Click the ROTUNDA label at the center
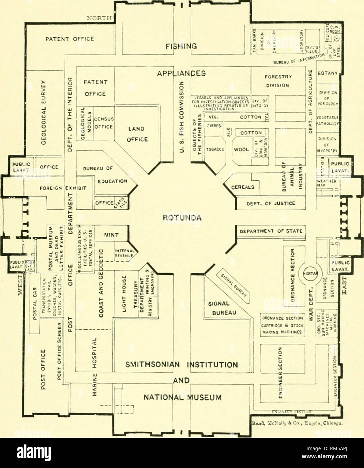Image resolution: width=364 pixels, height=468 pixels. pyautogui.click(x=182, y=218)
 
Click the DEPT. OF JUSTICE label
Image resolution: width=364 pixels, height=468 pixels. pyautogui.click(x=271, y=203)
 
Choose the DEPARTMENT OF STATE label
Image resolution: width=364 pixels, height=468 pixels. pyautogui.click(x=271, y=231)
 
